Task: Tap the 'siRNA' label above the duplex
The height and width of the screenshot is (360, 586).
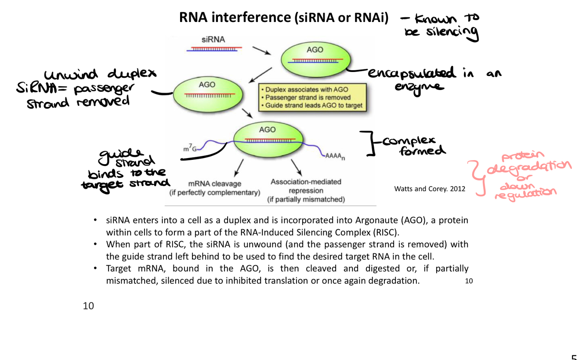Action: click(213, 40)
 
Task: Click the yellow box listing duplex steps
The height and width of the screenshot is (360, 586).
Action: click(312, 97)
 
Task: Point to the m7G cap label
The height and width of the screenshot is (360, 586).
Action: click(190, 148)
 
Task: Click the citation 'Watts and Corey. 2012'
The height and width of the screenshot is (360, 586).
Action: click(430, 189)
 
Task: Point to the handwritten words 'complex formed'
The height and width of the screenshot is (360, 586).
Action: click(413, 146)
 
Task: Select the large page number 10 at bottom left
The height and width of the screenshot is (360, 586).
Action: click(88, 306)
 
